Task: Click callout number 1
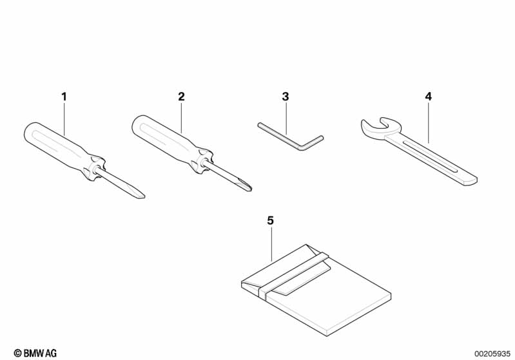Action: coord(64,97)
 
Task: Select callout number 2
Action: coord(181,97)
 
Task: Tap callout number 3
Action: coord(286,97)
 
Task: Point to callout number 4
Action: coord(428,97)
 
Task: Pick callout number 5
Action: coord(270,221)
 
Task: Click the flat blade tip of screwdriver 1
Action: coord(142,196)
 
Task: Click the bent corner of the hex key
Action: coord(303,149)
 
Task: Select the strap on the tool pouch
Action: coord(293,272)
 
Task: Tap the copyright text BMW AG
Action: coord(35,353)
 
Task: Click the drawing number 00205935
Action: coord(492,354)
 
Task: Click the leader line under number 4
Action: coord(428,122)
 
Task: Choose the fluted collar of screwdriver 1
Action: coord(95,167)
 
